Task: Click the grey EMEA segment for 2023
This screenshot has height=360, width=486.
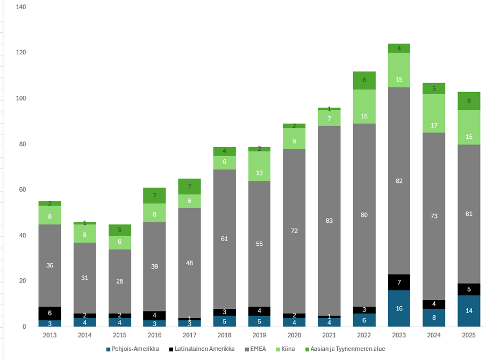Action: pyautogui.click(x=399, y=161)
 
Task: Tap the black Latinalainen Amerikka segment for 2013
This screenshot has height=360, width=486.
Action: pyautogui.click(x=49, y=313)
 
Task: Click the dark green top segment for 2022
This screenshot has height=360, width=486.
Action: pyautogui.click(x=364, y=80)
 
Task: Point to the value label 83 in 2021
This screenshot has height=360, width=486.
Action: pyautogui.click(x=329, y=220)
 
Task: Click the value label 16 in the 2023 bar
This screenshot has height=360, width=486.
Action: pyautogui.click(x=399, y=309)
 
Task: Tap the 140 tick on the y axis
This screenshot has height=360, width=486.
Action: pyautogui.click(x=21, y=7)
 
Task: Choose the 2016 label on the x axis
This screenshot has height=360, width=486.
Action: pyautogui.click(x=154, y=335)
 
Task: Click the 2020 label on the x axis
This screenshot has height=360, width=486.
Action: pyautogui.click(x=294, y=335)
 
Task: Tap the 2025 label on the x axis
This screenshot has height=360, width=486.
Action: pyautogui.click(x=469, y=335)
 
